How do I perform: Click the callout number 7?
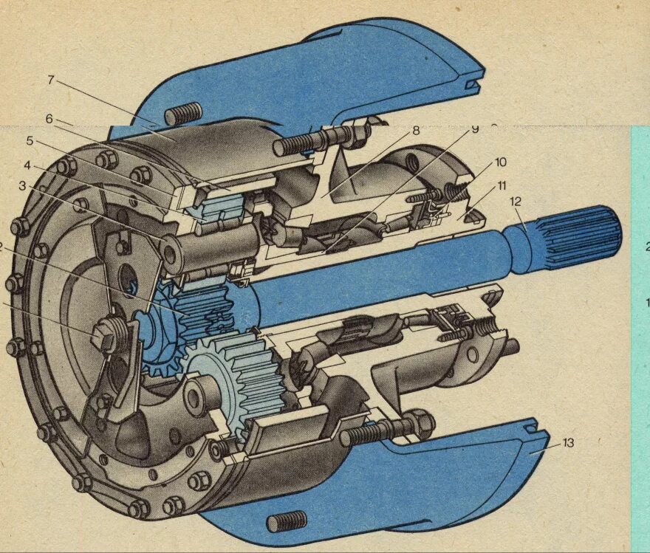pos(51,80)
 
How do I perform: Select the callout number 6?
pos(49,118)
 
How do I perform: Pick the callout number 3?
pos(23,185)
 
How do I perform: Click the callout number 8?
pos(416,131)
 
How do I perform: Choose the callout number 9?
pos(475,129)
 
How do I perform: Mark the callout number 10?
pos(501,162)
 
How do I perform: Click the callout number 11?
pos(502,185)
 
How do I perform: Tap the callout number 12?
pos(515,201)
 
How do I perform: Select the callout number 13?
pos(567,443)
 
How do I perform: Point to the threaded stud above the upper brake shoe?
pos(182,113)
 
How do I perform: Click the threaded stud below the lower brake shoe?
pos(286,521)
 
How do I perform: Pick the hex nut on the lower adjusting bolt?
pos(418,423)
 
